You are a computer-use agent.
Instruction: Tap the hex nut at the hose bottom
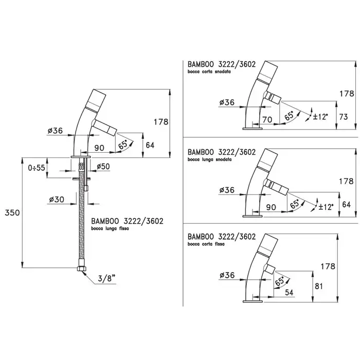(x=81, y=269)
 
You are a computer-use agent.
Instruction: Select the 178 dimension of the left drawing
(x=160, y=122)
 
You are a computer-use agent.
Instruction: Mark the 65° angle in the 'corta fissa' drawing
(x=281, y=282)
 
